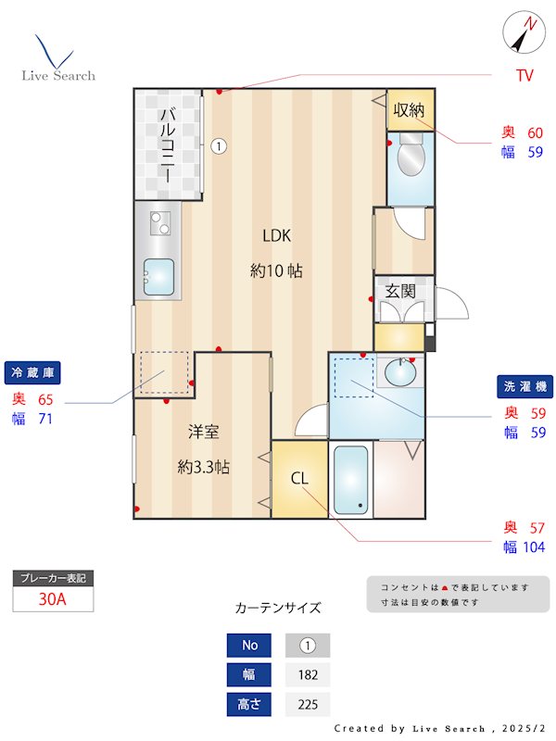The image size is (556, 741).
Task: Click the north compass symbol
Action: coord(523,35)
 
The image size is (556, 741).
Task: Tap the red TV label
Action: coord(524,77)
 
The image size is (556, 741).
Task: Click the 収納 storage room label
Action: coord(409,110)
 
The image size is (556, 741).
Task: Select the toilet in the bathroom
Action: coord(409,157)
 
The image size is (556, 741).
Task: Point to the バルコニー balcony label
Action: coord(169,144)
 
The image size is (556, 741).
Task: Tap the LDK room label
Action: coord(276,235)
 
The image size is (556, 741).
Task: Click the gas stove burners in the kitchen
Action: coord(160,223)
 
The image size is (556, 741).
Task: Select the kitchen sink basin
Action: coord(158,275)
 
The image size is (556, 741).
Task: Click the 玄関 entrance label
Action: coord(400,291)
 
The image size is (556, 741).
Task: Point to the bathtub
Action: coord(350,479)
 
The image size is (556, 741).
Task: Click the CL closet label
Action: coord(299,479)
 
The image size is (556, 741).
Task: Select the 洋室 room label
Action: coord(203,432)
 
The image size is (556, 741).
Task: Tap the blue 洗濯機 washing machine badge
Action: coord(524,385)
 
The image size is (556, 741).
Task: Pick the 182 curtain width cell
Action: coord(308,674)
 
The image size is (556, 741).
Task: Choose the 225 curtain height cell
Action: coord(308,705)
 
